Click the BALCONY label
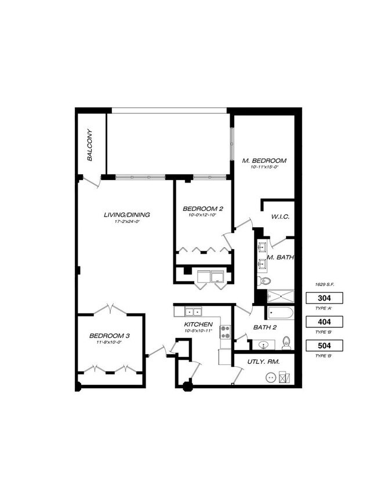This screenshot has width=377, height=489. tap(91, 149)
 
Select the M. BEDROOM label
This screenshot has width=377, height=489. tap(269, 160)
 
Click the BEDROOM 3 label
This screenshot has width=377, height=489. tap(108, 335)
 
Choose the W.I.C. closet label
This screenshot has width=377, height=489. tap(280, 217)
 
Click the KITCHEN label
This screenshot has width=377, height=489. tap(198, 324)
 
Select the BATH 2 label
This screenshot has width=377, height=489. tap(265, 327)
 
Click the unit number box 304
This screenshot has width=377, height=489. tap(324, 298)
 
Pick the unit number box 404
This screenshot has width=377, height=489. tap(324, 322)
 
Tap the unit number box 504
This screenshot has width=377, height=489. tap(324, 346)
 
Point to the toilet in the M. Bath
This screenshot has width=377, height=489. tap(264, 281)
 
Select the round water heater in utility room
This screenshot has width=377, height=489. tap(270, 377)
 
